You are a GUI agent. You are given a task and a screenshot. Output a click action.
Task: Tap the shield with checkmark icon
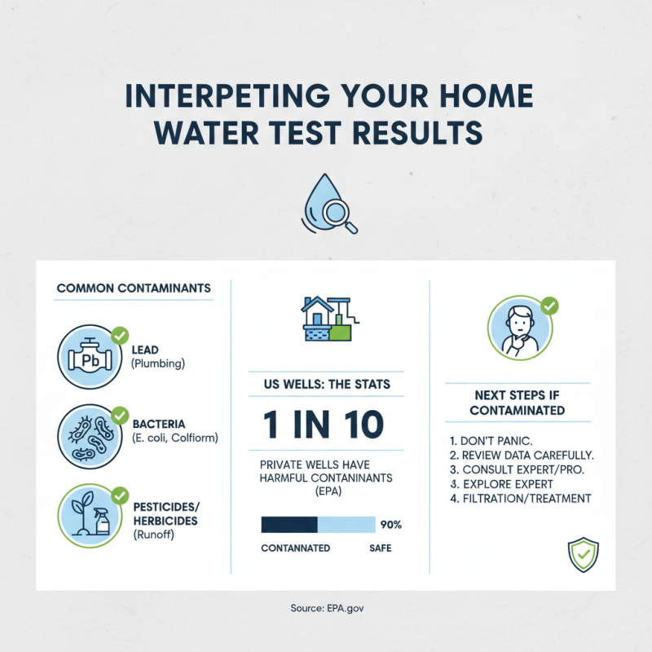(583, 554)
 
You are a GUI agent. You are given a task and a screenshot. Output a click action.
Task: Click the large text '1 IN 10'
(324, 425)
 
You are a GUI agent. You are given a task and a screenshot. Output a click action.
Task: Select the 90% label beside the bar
(390, 524)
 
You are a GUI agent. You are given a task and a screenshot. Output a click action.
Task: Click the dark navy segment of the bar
(289, 524)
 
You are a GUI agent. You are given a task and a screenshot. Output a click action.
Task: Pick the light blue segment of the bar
(346, 524)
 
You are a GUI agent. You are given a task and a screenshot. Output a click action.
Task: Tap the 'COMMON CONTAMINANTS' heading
(134, 289)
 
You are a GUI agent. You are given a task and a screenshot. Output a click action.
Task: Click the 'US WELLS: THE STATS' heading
(325, 385)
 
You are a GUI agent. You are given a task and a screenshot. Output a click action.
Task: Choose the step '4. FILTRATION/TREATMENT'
(520, 499)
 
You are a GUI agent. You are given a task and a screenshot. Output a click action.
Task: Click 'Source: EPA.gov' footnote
(326, 608)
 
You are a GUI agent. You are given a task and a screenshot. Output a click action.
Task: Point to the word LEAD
(145, 350)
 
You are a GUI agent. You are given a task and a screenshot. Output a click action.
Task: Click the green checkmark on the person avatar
(550, 306)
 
